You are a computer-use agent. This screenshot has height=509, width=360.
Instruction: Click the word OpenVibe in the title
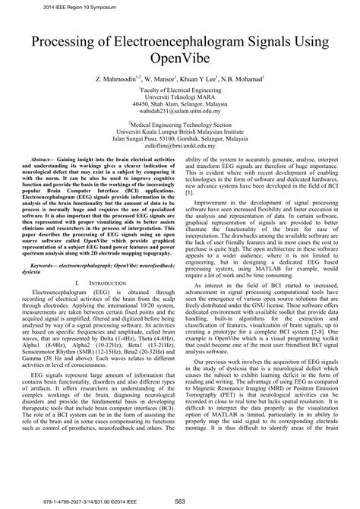pyautogui.click(x=179, y=57)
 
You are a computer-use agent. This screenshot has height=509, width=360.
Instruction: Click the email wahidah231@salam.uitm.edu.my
pyautogui.click(x=179, y=113)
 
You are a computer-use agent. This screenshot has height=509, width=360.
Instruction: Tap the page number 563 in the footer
pyautogui.click(x=181, y=501)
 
